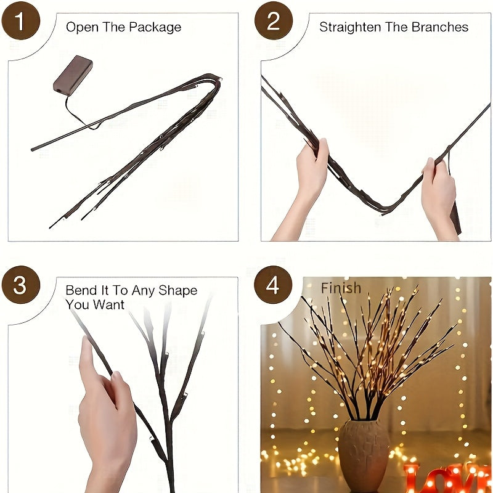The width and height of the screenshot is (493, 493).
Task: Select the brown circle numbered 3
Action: pyautogui.click(x=20, y=285)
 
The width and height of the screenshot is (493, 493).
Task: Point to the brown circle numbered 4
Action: pyautogui.click(x=274, y=285)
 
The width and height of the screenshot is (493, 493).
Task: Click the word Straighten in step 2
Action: pyautogui.click(x=348, y=28)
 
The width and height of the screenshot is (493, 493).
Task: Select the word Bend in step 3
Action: pyautogui.click(x=80, y=291)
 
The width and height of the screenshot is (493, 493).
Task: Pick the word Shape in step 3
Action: pyautogui.click(x=177, y=291)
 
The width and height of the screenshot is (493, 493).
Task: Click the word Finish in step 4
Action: pyautogui.click(x=341, y=288)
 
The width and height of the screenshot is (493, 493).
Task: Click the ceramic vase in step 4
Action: pyautogui.click(x=364, y=453)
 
